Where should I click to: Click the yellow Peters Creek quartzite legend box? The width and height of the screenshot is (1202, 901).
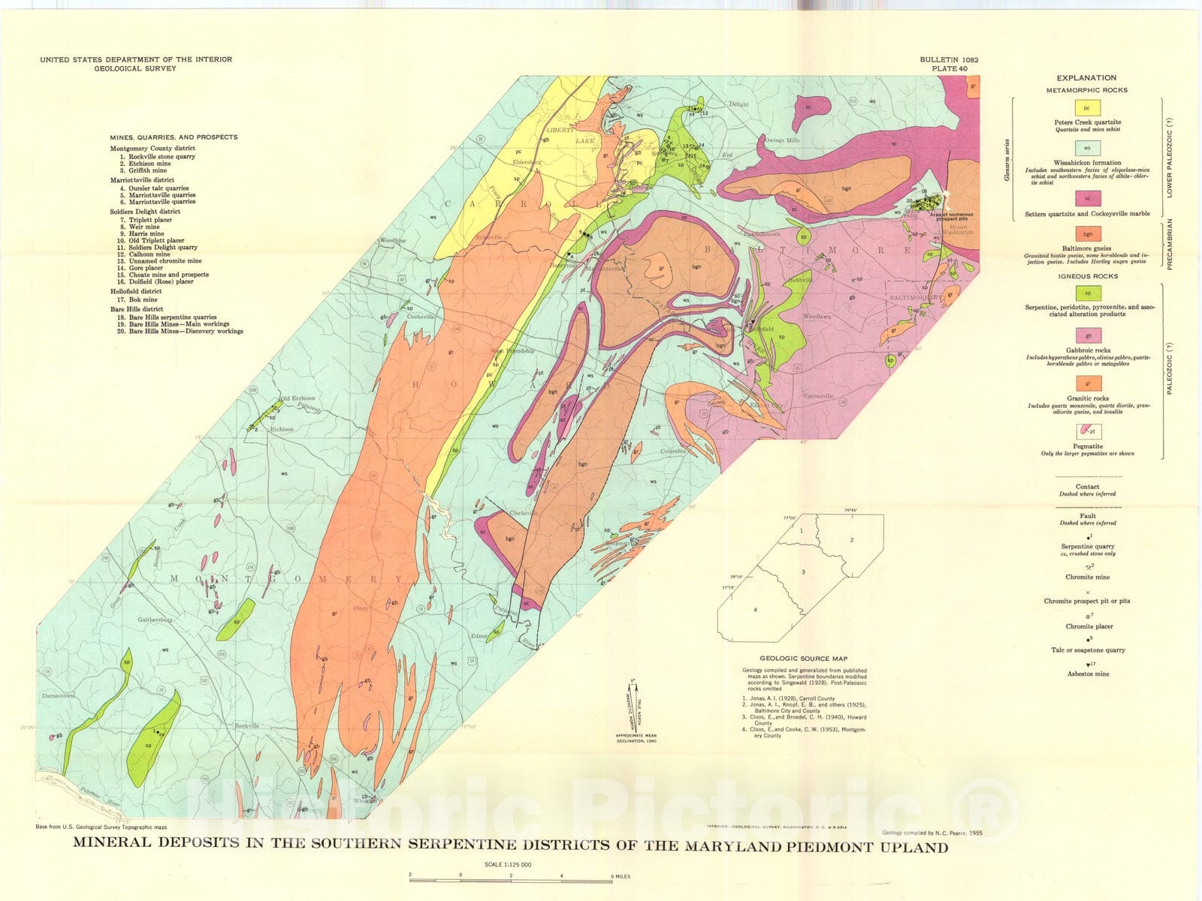(1086, 108)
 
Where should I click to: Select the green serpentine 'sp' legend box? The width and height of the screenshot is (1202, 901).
(1086, 293)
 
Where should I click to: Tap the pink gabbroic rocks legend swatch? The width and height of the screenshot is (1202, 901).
(1086, 336)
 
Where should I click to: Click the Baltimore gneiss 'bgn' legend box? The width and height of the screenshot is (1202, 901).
(1086, 234)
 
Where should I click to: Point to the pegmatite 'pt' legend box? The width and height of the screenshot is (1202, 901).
(1086, 431)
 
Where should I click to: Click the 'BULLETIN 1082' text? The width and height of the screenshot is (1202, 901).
(948, 59)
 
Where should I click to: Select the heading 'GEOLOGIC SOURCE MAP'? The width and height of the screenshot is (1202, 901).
(803, 658)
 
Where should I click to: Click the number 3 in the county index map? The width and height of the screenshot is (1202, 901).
(803, 572)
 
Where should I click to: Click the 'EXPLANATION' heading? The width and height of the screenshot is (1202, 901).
(1086, 77)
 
